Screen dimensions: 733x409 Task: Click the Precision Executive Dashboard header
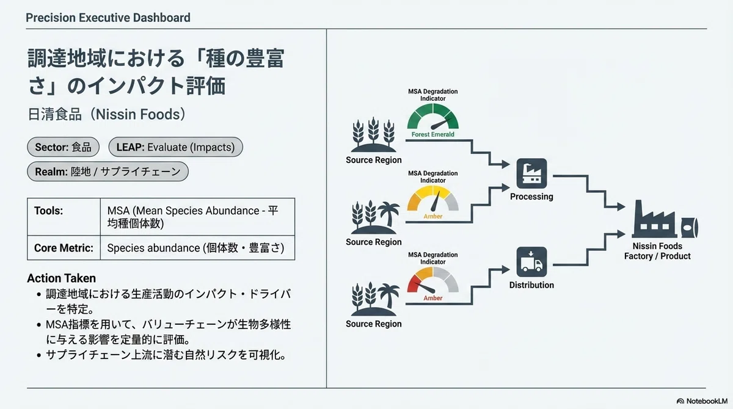[x=108, y=18]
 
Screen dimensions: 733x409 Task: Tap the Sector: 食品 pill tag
[x=63, y=147]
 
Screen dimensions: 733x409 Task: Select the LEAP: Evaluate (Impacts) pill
[x=176, y=147]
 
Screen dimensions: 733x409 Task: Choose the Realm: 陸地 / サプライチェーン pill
[x=108, y=172]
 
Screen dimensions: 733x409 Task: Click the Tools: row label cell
[x=64, y=217]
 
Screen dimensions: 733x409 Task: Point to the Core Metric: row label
[x=64, y=248]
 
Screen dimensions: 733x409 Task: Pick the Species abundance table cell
[x=197, y=248]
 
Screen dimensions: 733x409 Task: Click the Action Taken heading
[x=62, y=278]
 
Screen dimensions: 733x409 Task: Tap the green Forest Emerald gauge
[x=432, y=117]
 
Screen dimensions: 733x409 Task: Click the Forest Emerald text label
[x=432, y=134]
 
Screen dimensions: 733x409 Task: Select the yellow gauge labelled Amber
[x=432, y=198]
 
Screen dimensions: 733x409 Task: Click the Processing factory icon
[x=532, y=173]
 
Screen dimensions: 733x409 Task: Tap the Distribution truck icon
[x=532, y=262]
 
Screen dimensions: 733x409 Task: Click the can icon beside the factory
[x=690, y=228]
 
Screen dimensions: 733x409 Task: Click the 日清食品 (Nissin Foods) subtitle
[x=107, y=114]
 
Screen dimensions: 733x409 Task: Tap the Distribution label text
[x=532, y=285]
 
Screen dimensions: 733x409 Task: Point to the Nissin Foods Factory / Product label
[x=657, y=251]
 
